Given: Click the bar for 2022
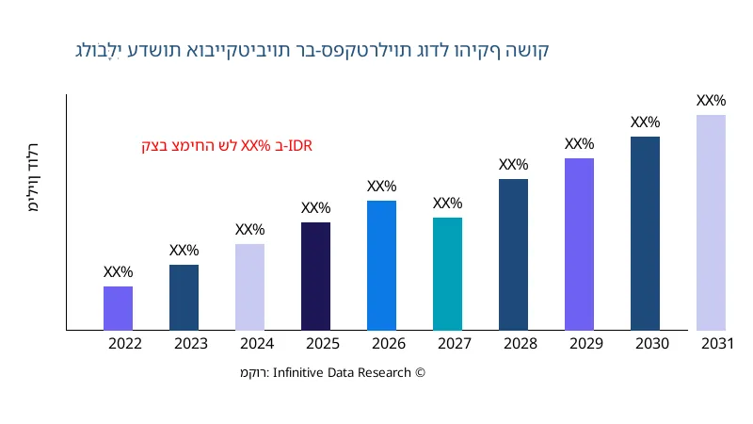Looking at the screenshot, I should coord(118,308).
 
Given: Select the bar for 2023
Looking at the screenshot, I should coord(184,298).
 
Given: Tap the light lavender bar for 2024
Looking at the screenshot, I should coord(249,287).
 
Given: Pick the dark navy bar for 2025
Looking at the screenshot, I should coord(315,276).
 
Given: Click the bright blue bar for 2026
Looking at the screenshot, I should coord(381,266).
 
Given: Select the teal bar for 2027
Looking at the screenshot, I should coord(447,274).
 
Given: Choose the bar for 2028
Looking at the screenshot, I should coord(513,254).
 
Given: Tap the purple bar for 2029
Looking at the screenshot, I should coord(579,244).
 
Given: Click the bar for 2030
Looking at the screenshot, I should coord(645,234).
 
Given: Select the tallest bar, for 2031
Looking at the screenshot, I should coord(711,222).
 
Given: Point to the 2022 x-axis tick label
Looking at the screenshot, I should coord(125,344).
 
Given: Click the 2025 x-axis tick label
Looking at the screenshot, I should coord(323,344).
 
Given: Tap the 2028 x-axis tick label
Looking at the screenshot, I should coord(521,344).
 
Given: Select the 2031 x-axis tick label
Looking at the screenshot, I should coord(717,344).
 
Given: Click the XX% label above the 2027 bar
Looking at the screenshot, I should coord(447,204).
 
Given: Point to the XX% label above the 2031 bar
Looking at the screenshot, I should coord(711,101).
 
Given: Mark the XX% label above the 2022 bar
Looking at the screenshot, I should coord(118,272).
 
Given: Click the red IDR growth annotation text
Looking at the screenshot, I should coord(227,146).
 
